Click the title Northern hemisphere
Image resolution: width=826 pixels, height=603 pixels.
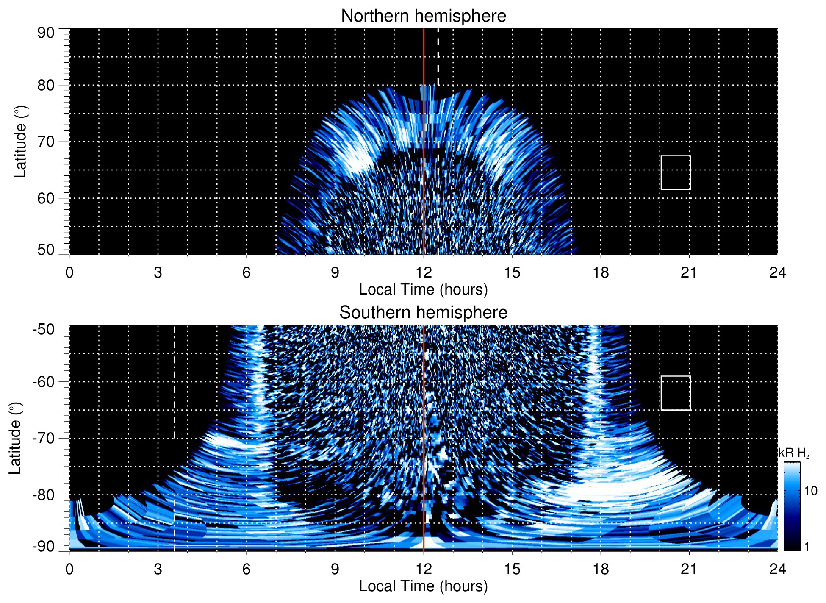[x=423, y=16]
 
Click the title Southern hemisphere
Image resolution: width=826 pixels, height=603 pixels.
[x=423, y=313]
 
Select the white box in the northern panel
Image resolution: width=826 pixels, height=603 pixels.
[x=676, y=173]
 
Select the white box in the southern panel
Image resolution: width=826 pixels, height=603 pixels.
[x=676, y=393]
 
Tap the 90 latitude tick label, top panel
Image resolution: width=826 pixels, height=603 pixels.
[x=46, y=33]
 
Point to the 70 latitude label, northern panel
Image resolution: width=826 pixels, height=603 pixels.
[x=46, y=142]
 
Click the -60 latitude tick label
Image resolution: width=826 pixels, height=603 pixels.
[x=43, y=381]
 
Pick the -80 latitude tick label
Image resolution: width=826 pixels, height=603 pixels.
[x=43, y=495]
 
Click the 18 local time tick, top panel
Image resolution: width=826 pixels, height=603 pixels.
[x=601, y=272]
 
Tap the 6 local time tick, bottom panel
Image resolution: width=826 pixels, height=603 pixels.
[x=246, y=569]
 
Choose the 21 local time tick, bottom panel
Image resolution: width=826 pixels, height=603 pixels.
[x=689, y=569]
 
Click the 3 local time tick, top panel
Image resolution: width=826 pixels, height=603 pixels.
[x=158, y=272]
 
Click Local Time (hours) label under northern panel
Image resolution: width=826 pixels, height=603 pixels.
[x=423, y=289]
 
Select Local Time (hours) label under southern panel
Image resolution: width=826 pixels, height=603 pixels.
[x=423, y=586]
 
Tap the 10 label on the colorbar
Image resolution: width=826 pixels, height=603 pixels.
[x=810, y=491]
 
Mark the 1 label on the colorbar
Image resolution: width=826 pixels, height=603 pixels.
[x=807, y=547]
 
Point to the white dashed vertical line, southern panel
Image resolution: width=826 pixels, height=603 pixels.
[x=174, y=381]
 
